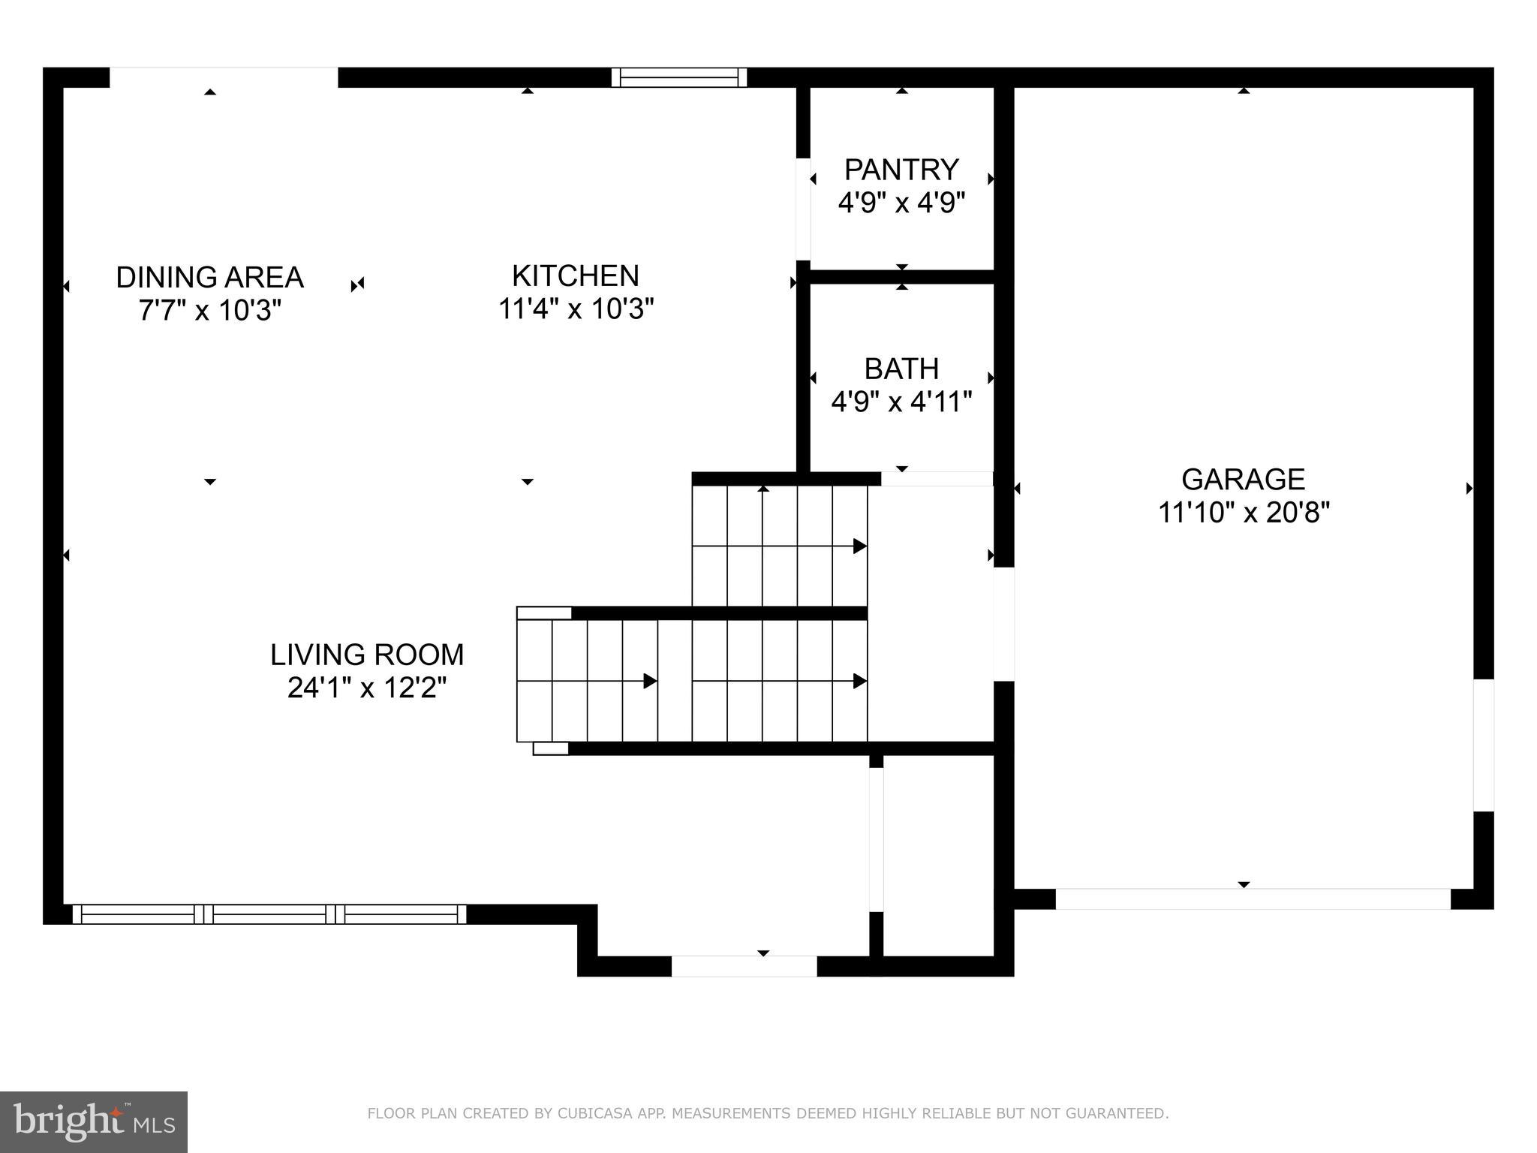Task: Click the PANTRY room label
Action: pos(901,170)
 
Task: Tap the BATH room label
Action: pos(901,369)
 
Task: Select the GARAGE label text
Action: pos(1244,480)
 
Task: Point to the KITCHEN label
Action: pos(576,276)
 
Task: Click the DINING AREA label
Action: pos(209,278)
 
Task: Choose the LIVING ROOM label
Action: pos(367,655)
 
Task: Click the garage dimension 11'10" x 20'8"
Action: pos(1244,513)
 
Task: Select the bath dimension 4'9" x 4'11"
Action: pos(901,402)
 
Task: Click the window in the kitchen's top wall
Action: pos(679,77)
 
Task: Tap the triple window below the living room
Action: pos(269,914)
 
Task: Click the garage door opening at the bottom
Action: pos(1253,899)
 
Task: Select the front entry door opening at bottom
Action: pos(744,966)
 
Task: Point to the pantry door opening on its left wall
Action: pos(803,209)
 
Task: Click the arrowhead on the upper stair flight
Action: pos(860,546)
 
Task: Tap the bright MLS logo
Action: pos(93,1122)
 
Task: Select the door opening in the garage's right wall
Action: pos(1483,745)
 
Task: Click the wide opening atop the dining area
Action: pos(224,77)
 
